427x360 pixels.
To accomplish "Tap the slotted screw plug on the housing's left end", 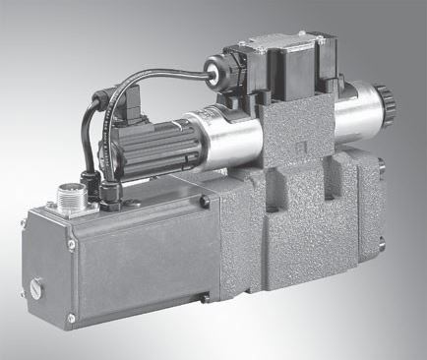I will coord(37,289).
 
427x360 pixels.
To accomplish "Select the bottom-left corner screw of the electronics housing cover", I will coord(70,318).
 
